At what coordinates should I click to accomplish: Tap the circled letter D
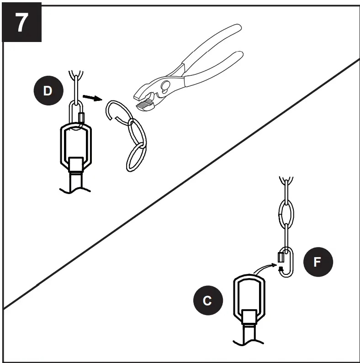(48, 90)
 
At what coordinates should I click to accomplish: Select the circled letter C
(207, 300)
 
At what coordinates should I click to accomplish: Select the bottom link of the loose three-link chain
(135, 157)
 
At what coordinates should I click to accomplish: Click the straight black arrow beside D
(92, 98)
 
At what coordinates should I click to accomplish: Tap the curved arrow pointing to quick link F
(265, 270)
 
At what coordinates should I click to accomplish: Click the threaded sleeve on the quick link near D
(82, 119)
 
